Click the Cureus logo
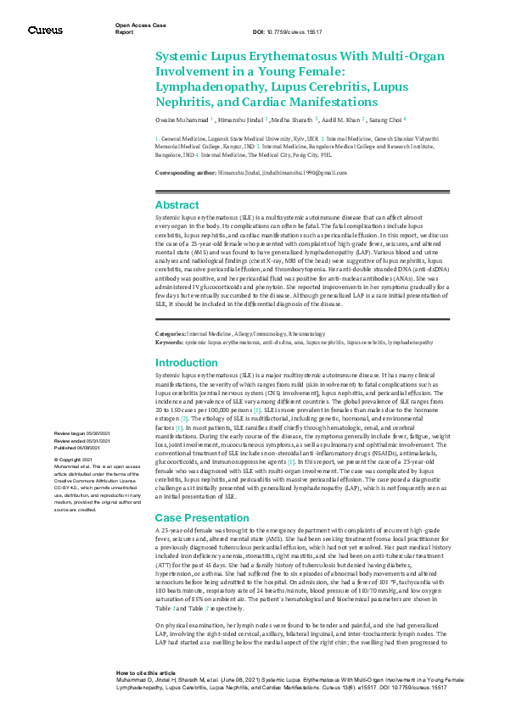45,30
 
